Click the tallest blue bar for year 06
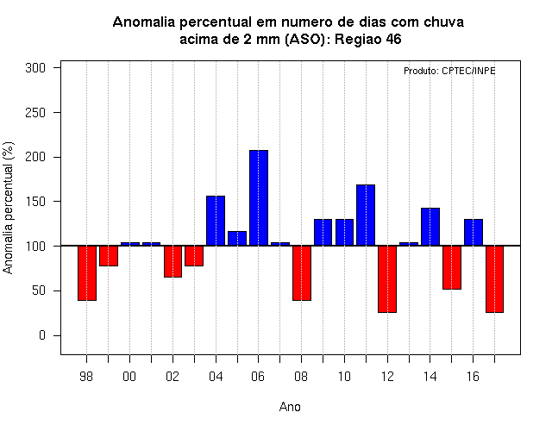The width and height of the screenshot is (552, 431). (259, 197)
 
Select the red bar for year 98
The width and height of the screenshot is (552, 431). (87, 273)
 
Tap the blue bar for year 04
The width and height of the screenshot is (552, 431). (216, 221)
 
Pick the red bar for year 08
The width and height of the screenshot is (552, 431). (302, 273)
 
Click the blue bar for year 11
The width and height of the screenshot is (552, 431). (366, 215)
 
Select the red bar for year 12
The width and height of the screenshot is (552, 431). (387, 279)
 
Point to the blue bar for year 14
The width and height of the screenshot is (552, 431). (430, 227)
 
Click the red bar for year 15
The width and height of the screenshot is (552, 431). (452, 267)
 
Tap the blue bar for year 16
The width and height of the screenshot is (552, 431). (474, 232)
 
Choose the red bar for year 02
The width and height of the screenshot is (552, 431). (172, 261)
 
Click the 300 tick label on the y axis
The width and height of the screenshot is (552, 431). (35, 67)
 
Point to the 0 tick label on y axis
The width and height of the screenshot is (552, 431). (42, 335)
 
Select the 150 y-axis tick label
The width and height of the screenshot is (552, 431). (35, 202)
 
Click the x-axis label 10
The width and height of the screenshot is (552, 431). (344, 377)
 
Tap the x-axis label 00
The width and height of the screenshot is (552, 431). (129, 377)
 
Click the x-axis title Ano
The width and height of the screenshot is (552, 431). (290, 407)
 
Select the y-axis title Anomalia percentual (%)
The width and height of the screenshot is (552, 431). (8, 208)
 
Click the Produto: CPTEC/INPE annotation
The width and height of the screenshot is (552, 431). (449, 71)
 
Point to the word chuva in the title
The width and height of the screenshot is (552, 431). (443, 22)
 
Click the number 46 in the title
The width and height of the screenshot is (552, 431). (393, 39)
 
